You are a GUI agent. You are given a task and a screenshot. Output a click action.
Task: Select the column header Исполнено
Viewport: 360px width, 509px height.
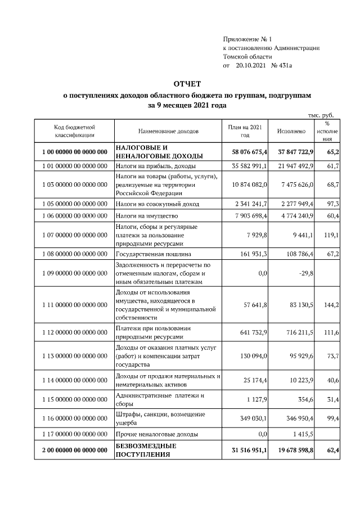291,131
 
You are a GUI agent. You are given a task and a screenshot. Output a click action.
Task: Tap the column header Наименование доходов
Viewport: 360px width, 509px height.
168,131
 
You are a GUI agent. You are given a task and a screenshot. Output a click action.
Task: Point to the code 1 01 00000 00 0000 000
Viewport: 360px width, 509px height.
74,166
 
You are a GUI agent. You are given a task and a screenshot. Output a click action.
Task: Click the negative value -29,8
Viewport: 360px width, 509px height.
304,273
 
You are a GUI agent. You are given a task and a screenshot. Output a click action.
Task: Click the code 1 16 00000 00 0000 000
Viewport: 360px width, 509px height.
74,419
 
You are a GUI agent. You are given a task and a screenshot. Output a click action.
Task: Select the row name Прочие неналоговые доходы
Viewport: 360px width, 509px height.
156,435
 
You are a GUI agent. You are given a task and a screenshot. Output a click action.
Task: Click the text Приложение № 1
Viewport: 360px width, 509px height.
247,39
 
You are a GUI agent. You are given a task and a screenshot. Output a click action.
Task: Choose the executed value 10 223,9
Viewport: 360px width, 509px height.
300,381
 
